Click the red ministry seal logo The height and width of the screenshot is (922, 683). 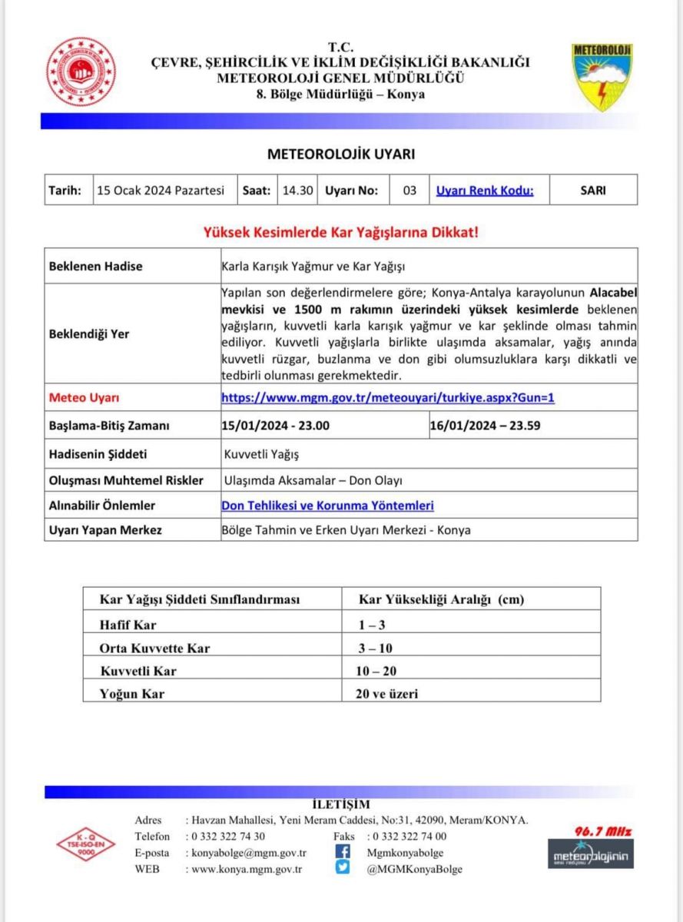tap(81, 71)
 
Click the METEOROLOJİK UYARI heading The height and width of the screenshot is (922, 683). tap(341, 154)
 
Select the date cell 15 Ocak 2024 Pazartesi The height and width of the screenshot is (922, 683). tap(161, 191)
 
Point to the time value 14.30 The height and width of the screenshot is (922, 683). tap(297, 191)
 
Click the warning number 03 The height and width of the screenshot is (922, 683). tap(410, 191)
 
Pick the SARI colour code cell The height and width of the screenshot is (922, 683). tap(593, 191)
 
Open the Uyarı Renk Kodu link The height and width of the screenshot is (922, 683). tap(484, 191)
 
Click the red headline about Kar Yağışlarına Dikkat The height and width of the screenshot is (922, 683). tap(340, 231)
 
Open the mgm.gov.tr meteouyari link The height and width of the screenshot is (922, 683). tap(388, 398)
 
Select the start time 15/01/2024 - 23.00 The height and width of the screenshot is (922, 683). tap(275, 425)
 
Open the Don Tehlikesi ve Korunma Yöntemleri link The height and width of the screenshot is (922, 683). tap(327, 506)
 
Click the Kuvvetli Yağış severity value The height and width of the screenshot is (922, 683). tap(261, 453)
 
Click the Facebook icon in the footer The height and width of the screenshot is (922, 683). tap(343, 852)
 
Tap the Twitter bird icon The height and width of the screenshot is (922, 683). tap(343, 869)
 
